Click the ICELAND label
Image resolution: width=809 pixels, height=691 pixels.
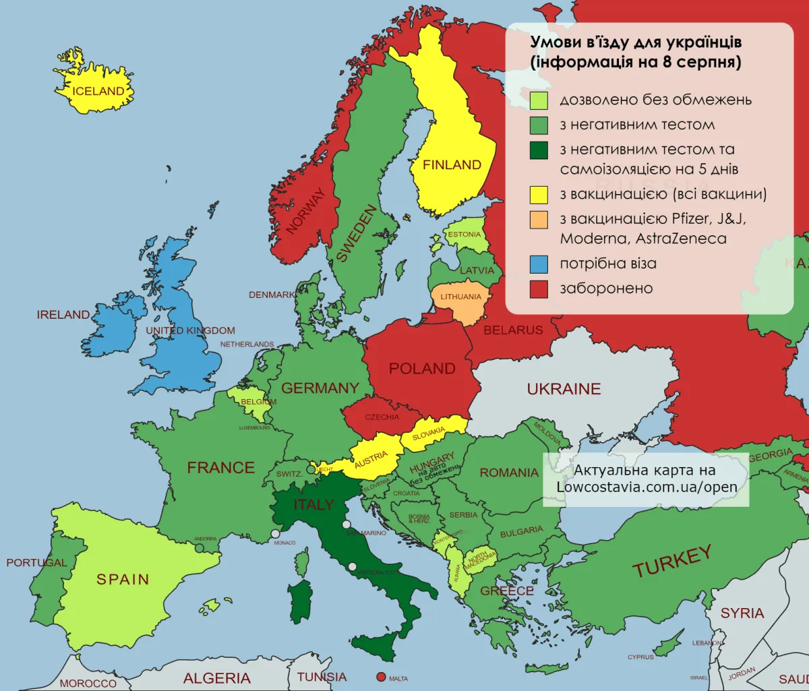[x=98, y=91]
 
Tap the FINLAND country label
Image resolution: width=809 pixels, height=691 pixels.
[x=452, y=164]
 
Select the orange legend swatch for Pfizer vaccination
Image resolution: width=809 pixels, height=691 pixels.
[x=539, y=219]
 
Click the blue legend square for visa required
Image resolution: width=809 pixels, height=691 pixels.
[x=539, y=264]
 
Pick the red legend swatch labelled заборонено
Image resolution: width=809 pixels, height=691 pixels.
[x=539, y=289]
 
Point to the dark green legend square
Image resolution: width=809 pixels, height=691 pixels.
[x=539, y=150]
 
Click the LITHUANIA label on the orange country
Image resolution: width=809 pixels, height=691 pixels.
[x=461, y=297]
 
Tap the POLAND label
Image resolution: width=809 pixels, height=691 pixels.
[x=422, y=369]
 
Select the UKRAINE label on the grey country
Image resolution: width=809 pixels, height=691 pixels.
[x=564, y=389]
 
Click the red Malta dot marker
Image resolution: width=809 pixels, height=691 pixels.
[x=381, y=677]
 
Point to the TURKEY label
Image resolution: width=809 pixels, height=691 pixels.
[x=672, y=562]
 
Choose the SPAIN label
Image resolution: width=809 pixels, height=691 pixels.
[x=123, y=579]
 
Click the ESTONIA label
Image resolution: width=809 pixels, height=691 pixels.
[x=465, y=235]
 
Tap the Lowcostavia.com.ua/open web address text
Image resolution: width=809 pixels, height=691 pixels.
[x=647, y=487]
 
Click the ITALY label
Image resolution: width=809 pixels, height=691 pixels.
[x=313, y=504]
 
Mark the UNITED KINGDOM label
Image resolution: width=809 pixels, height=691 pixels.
[x=191, y=330]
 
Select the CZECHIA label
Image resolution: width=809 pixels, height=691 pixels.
[x=382, y=417]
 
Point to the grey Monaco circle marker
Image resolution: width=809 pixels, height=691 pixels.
[x=275, y=534]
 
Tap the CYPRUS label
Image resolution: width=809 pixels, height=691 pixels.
[x=640, y=657]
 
